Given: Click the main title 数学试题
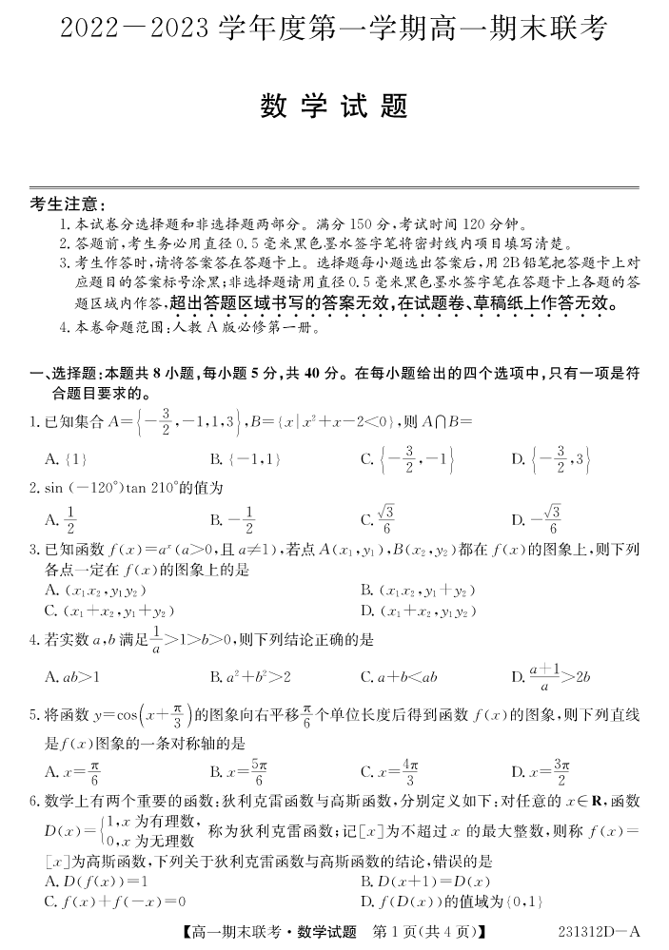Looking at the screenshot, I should click(x=334, y=107).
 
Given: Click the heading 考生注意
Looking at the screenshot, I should click(x=68, y=204).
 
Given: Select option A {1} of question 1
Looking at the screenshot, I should click(x=67, y=459).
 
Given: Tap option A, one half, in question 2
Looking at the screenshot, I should click(x=61, y=519).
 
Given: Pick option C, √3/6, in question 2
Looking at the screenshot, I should click(x=378, y=519).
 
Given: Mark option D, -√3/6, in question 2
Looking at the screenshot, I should click(x=537, y=519).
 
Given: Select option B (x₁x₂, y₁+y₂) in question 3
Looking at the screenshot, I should click(x=418, y=591).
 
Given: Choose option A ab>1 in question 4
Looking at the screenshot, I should click(x=73, y=677).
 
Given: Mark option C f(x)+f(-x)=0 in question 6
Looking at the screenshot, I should click(x=114, y=900).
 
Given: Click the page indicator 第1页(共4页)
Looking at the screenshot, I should click(x=429, y=933).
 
